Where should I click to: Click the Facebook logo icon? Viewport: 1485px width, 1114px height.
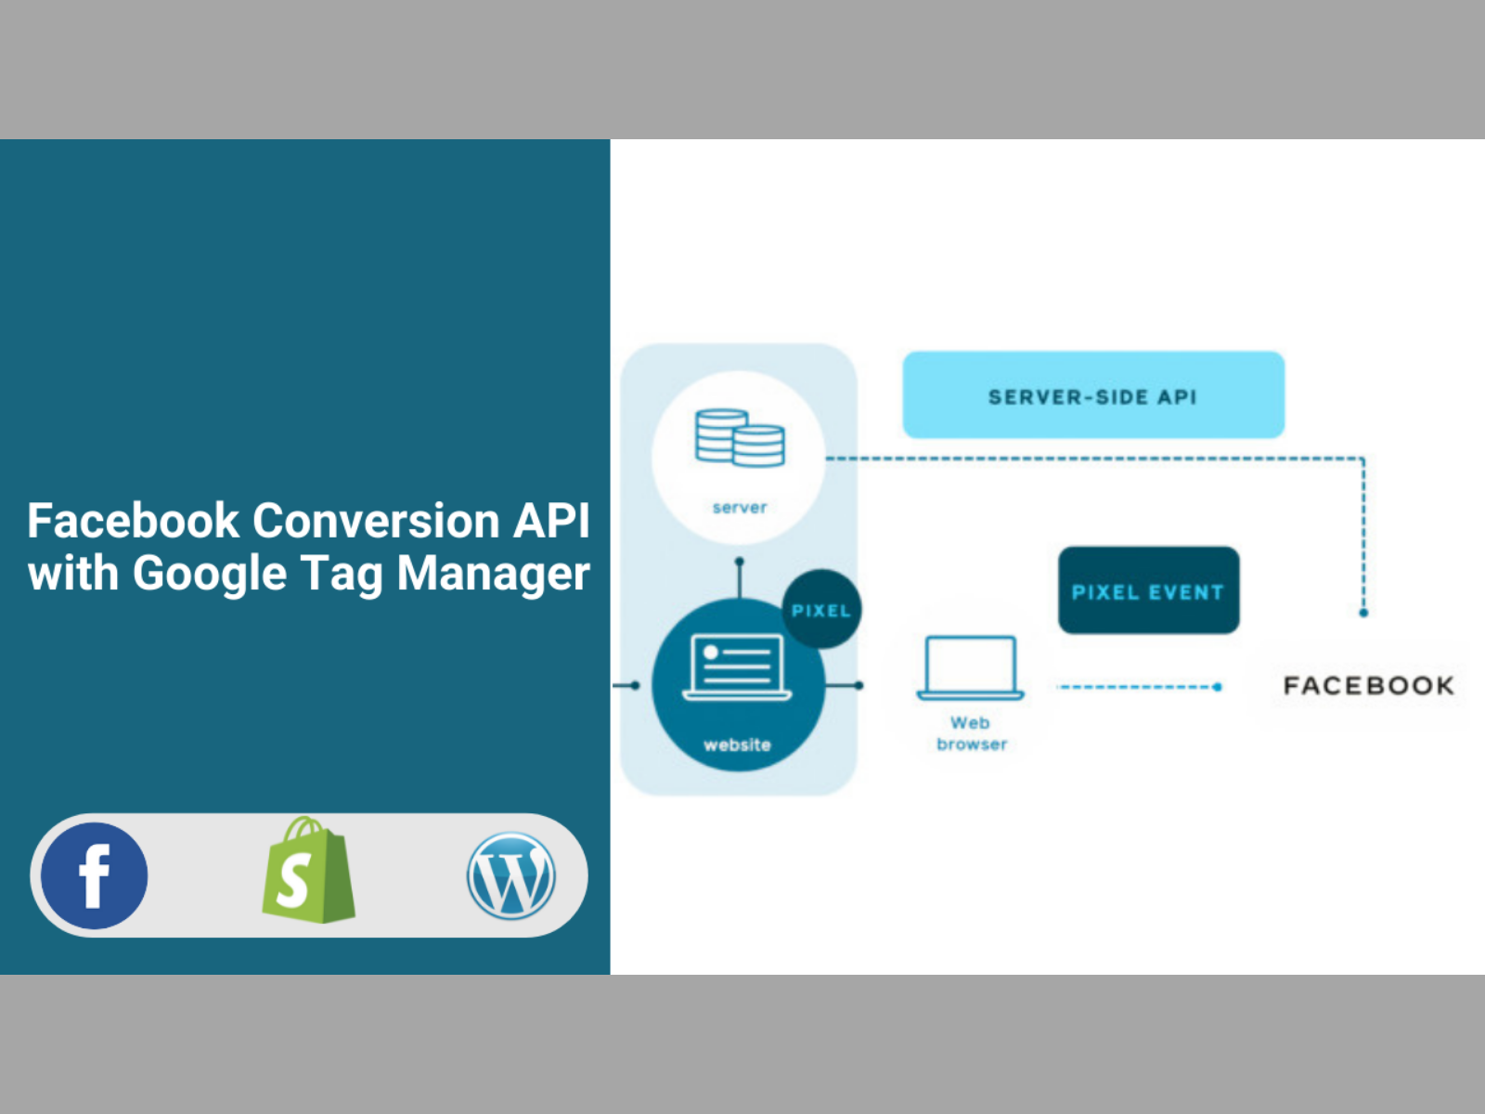click(x=94, y=875)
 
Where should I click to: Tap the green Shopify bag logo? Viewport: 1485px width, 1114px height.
click(x=308, y=872)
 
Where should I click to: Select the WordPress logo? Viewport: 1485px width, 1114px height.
click(x=511, y=875)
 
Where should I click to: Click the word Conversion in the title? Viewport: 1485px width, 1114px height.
click(x=376, y=521)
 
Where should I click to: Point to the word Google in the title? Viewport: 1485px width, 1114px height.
click(x=210, y=574)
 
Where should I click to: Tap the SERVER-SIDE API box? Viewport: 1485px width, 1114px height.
click(x=1093, y=395)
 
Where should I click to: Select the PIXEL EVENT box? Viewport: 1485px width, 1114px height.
click(x=1148, y=591)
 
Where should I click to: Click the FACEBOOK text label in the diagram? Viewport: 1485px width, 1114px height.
click(x=1369, y=686)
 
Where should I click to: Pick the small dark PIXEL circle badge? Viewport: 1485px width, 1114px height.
click(x=821, y=610)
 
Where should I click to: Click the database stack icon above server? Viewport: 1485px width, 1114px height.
click(x=740, y=437)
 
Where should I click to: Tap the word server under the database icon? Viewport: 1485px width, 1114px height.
click(x=740, y=508)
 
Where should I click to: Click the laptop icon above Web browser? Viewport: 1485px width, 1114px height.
click(x=971, y=667)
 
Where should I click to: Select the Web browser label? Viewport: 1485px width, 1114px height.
click(x=971, y=733)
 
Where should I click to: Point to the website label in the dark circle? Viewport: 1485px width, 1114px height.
click(x=737, y=745)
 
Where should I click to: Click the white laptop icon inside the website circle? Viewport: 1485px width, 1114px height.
click(x=737, y=667)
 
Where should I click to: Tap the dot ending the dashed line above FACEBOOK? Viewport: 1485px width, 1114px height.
click(x=1363, y=613)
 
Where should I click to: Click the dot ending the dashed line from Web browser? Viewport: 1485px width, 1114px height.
click(x=1218, y=687)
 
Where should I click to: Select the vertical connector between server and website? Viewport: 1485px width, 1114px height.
click(x=739, y=580)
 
